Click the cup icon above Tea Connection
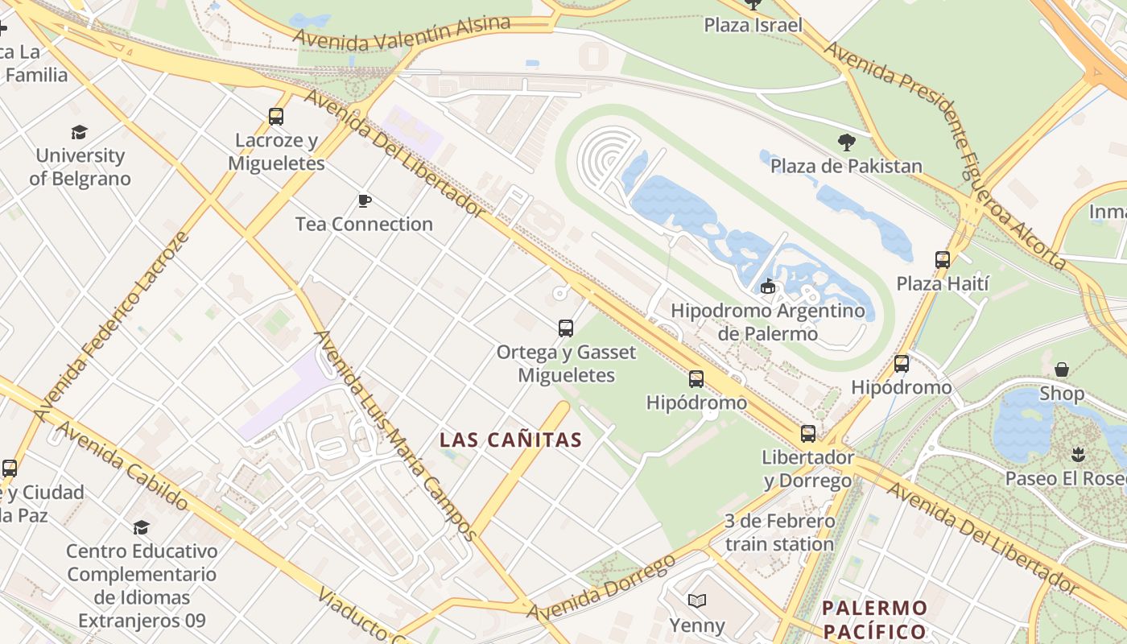coord(365,200)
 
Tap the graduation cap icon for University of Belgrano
coord(79,132)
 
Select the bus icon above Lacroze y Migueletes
coord(276,117)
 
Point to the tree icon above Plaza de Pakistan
coord(846,142)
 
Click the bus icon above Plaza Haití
coord(943,260)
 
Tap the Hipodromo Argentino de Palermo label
coord(767,322)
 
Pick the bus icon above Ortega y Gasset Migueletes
coord(566,328)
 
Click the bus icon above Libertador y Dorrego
coord(807,434)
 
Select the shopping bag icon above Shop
coord(1062,369)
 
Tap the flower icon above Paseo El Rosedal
coord(1078,455)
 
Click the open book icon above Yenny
coord(697,601)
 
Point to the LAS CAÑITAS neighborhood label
coord(510,440)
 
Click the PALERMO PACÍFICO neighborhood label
coord(875,619)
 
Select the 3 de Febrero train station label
coord(779,533)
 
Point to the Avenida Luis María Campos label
coord(394,436)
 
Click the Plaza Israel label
coord(753,25)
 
